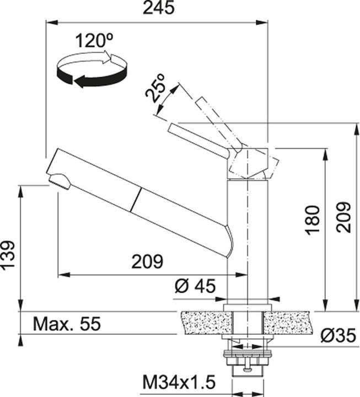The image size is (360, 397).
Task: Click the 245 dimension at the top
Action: pos(158,8)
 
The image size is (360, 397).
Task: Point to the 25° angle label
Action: pos(155,88)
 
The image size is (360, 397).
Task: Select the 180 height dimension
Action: pos(313,220)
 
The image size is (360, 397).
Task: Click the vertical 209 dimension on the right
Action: pos(343,217)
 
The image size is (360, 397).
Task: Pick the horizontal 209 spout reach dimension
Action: pos(147,261)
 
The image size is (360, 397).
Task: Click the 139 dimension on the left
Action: pos(8,255)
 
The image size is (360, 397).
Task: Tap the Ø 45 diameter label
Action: pos(195,286)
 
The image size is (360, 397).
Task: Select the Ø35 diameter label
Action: pos(338,336)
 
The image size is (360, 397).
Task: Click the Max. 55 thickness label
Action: pos(67,323)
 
